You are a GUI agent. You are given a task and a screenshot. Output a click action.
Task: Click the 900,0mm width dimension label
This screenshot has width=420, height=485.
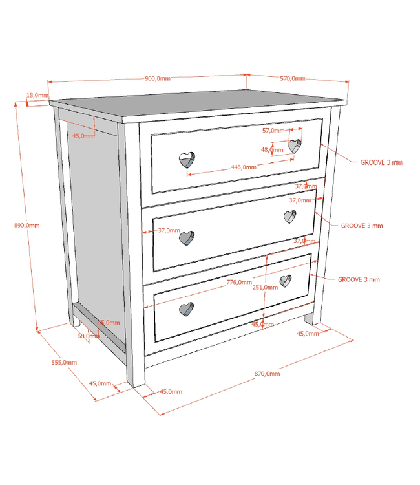[158, 78]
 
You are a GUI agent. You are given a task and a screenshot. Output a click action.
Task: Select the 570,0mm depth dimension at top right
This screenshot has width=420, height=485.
[293, 78]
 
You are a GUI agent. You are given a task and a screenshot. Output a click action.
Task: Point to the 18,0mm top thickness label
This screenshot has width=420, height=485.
[36, 95]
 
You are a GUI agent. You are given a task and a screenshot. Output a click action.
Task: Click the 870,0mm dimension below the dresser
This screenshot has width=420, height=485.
[267, 374]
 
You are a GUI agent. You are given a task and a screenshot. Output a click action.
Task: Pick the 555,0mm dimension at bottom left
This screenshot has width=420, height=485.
[63, 362]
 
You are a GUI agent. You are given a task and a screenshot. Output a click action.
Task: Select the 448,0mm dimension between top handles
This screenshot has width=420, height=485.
[244, 166]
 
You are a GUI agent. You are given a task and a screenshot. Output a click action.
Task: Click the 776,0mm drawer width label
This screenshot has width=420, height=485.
[239, 282]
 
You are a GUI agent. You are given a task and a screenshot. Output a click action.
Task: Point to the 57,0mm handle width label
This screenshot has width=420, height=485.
[273, 130]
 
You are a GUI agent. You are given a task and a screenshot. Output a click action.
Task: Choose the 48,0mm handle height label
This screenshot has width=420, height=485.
[272, 149]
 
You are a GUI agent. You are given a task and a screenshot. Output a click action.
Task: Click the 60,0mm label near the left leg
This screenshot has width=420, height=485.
[89, 336]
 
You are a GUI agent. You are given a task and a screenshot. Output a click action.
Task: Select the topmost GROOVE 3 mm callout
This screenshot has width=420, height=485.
[381, 162]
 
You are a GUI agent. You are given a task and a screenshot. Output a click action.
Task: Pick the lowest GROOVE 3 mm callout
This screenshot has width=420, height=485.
[359, 279]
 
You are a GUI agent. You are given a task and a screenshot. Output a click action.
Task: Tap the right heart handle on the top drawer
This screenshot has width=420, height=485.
[295, 146]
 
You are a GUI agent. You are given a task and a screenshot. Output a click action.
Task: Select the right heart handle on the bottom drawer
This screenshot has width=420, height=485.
[286, 281]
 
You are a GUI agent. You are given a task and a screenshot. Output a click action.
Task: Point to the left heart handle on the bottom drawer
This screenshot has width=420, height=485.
[186, 309]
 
